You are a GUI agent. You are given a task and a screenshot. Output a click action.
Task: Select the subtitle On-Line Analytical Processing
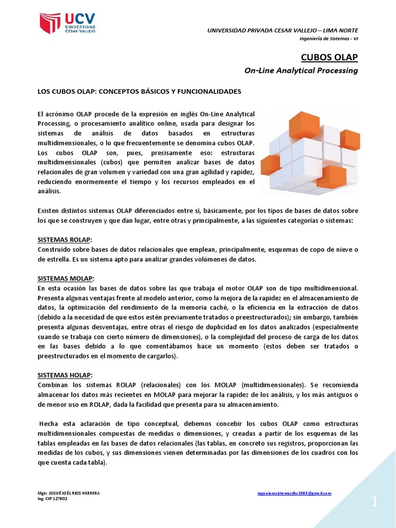[301, 71]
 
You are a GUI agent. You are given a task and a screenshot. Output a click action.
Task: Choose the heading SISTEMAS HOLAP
[64, 375]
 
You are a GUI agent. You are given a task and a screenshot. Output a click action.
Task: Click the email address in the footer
[294, 493]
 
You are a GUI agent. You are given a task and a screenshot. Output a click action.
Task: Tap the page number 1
[374, 502]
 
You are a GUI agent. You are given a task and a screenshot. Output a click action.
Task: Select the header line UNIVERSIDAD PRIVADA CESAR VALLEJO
[283, 30]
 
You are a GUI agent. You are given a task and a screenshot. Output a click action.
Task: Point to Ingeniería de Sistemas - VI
[328, 40]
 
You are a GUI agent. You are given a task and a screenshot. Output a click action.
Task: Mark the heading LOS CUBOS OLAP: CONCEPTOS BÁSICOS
[139, 91]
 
